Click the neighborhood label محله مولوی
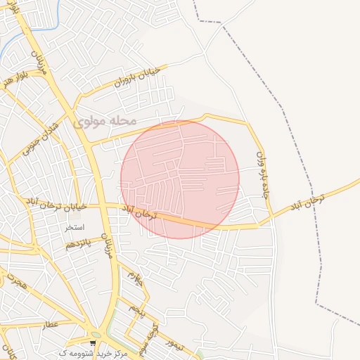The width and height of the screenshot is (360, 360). click(104, 121)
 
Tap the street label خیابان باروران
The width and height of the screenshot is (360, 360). click(139, 79)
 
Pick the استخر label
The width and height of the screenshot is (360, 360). click(75, 228)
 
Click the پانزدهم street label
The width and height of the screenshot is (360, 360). click(79, 244)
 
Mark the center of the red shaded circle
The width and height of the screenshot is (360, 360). click(180, 179)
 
